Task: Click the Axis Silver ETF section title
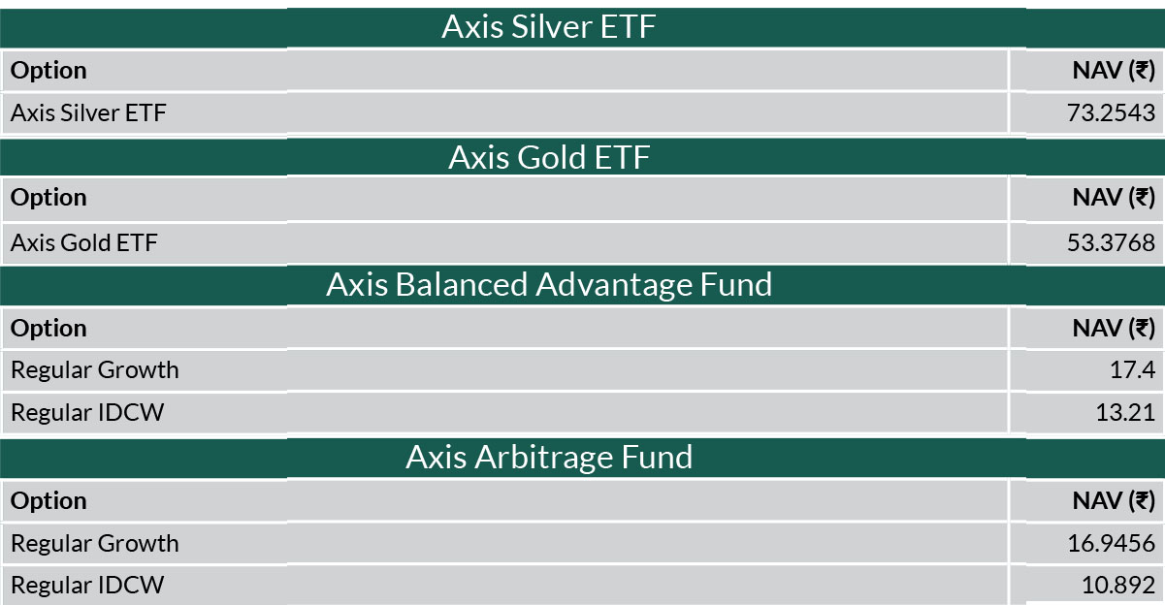pyautogui.click(x=549, y=26)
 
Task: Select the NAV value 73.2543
pyautogui.click(x=1111, y=112)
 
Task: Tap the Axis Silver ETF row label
pyautogui.click(x=88, y=112)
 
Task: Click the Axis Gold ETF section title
pyautogui.click(x=549, y=157)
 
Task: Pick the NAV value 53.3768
pyautogui.click(x=1111, y=242)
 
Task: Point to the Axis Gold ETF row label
pyautogui.click(x=83, y=242)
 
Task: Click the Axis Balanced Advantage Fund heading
pyautogui.click(x=549, y=285)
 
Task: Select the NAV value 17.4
pyautogui.click(x=1132, y=370)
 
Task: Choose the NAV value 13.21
pyautogui.click(x=1125, y=413)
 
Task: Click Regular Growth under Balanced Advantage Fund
pyautogui.click(x=95, y=370)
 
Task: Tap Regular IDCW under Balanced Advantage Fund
pyautogui.click(x=87, y=413)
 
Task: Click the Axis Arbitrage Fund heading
pyautogui.click(x=549, y=458)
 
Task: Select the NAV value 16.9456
pyautogui.click(x=1111, y=544)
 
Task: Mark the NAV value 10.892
pyautogui.click(x=1118, y=586)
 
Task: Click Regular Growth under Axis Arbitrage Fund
pyautogui.click(x=95, y=544)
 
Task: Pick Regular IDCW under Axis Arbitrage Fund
pyautogui.click(x=87, y=586)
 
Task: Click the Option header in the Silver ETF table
pyautogui.click(x=49, y=71)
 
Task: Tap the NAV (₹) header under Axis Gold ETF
pyautogui.click(x=1114, y=198)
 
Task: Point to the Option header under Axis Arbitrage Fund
pyautogui.click(x=49, y=501)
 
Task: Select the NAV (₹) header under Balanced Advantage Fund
pyautogui.click(x=1114, y=329)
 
